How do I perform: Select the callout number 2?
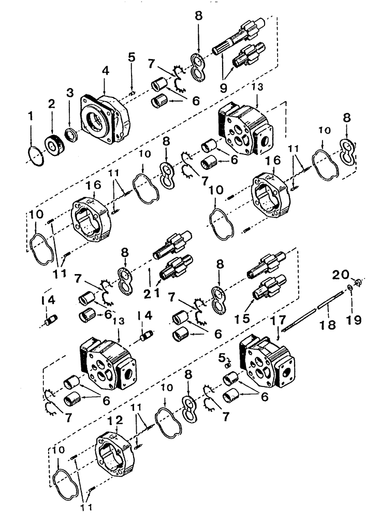coord(52,104)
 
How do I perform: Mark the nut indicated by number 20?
coord(359,283)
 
